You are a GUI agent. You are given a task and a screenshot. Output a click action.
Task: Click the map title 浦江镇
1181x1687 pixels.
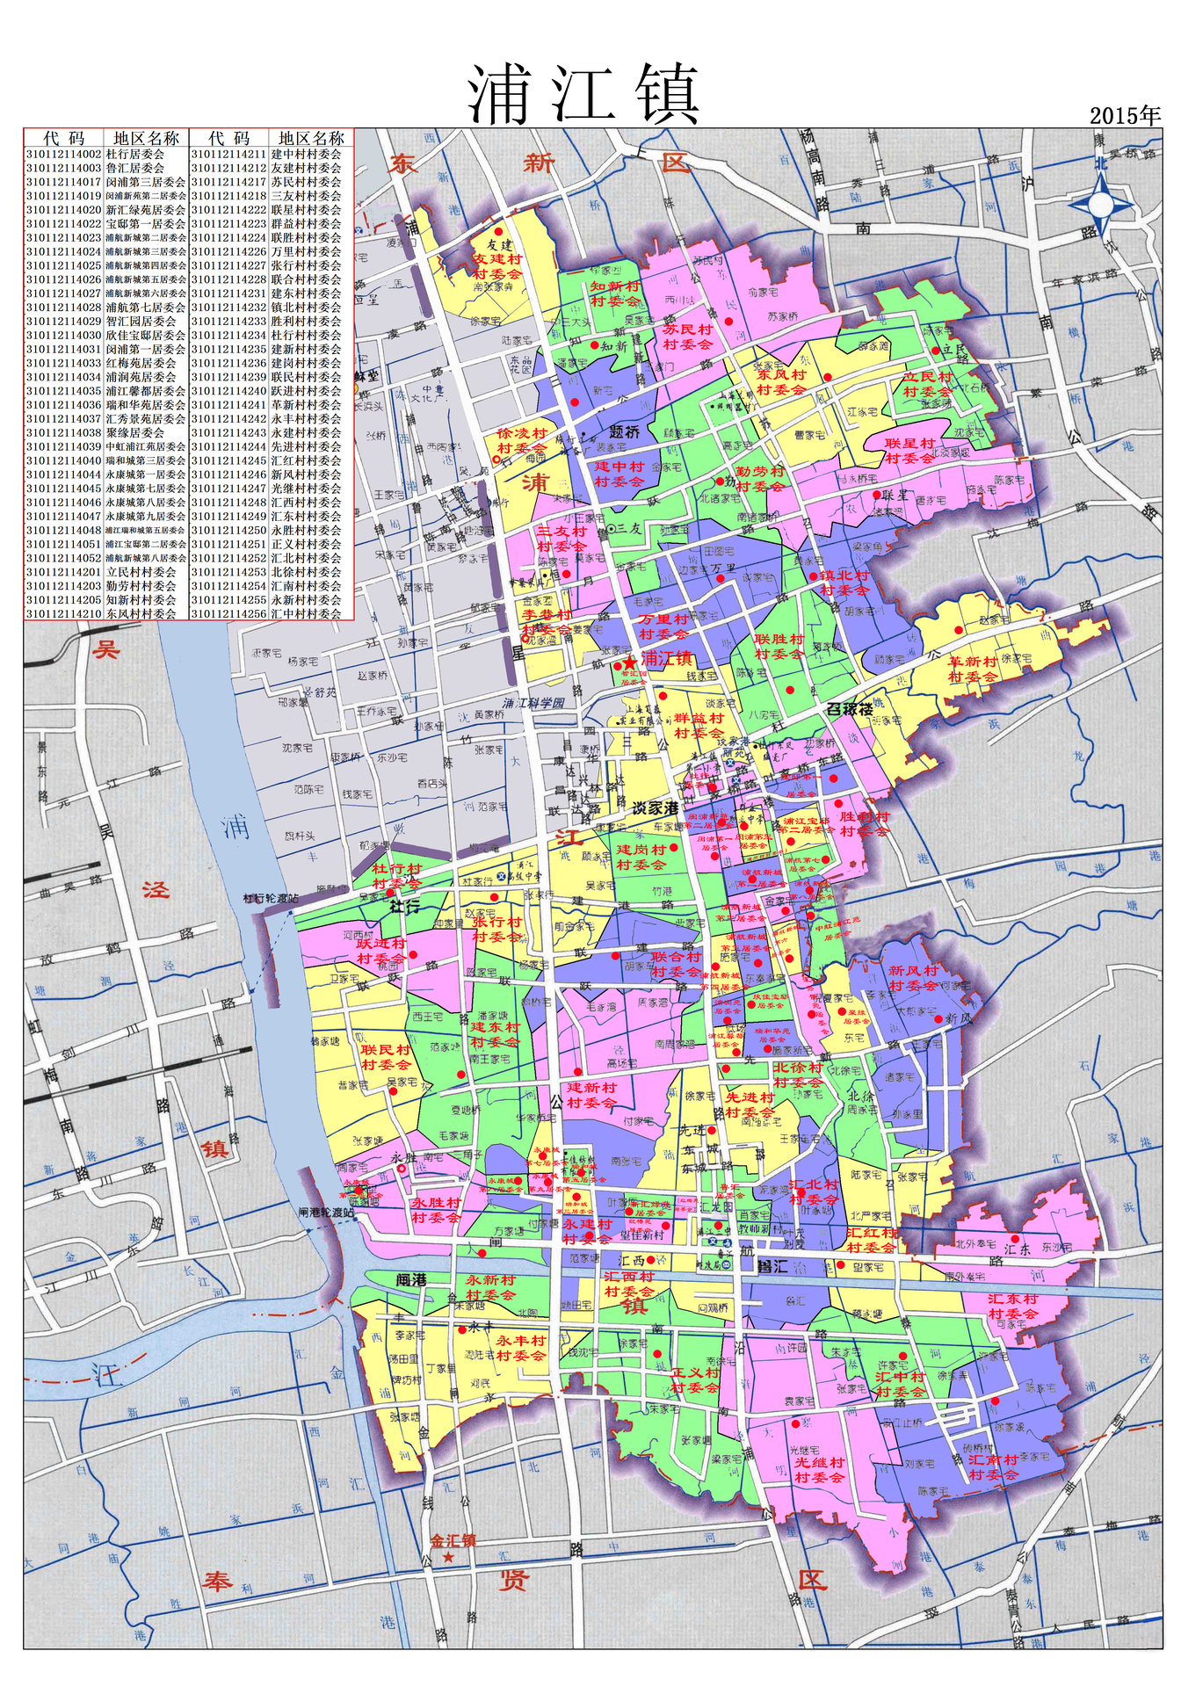583,94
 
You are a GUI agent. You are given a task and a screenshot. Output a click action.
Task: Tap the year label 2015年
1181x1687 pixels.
1125,115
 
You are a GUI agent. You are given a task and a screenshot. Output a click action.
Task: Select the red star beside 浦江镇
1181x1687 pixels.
629,662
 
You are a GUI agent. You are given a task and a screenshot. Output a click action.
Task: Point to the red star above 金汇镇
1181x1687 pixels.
449,1557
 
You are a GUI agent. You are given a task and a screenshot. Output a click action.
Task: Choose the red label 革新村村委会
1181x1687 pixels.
973,669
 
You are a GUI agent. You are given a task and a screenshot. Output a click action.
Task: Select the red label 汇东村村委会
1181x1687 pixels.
1012,1306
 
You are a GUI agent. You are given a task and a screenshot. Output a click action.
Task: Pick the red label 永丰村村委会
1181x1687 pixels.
520,1348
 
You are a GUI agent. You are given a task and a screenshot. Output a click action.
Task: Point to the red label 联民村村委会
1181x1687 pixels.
385,1057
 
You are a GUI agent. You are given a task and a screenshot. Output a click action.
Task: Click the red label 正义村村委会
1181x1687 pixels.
695,1379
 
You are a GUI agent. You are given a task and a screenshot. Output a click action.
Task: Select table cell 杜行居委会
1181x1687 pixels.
135,154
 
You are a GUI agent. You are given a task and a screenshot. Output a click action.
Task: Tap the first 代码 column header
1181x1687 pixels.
63,138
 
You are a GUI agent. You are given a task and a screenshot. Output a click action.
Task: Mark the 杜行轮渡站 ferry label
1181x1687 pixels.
271,899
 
